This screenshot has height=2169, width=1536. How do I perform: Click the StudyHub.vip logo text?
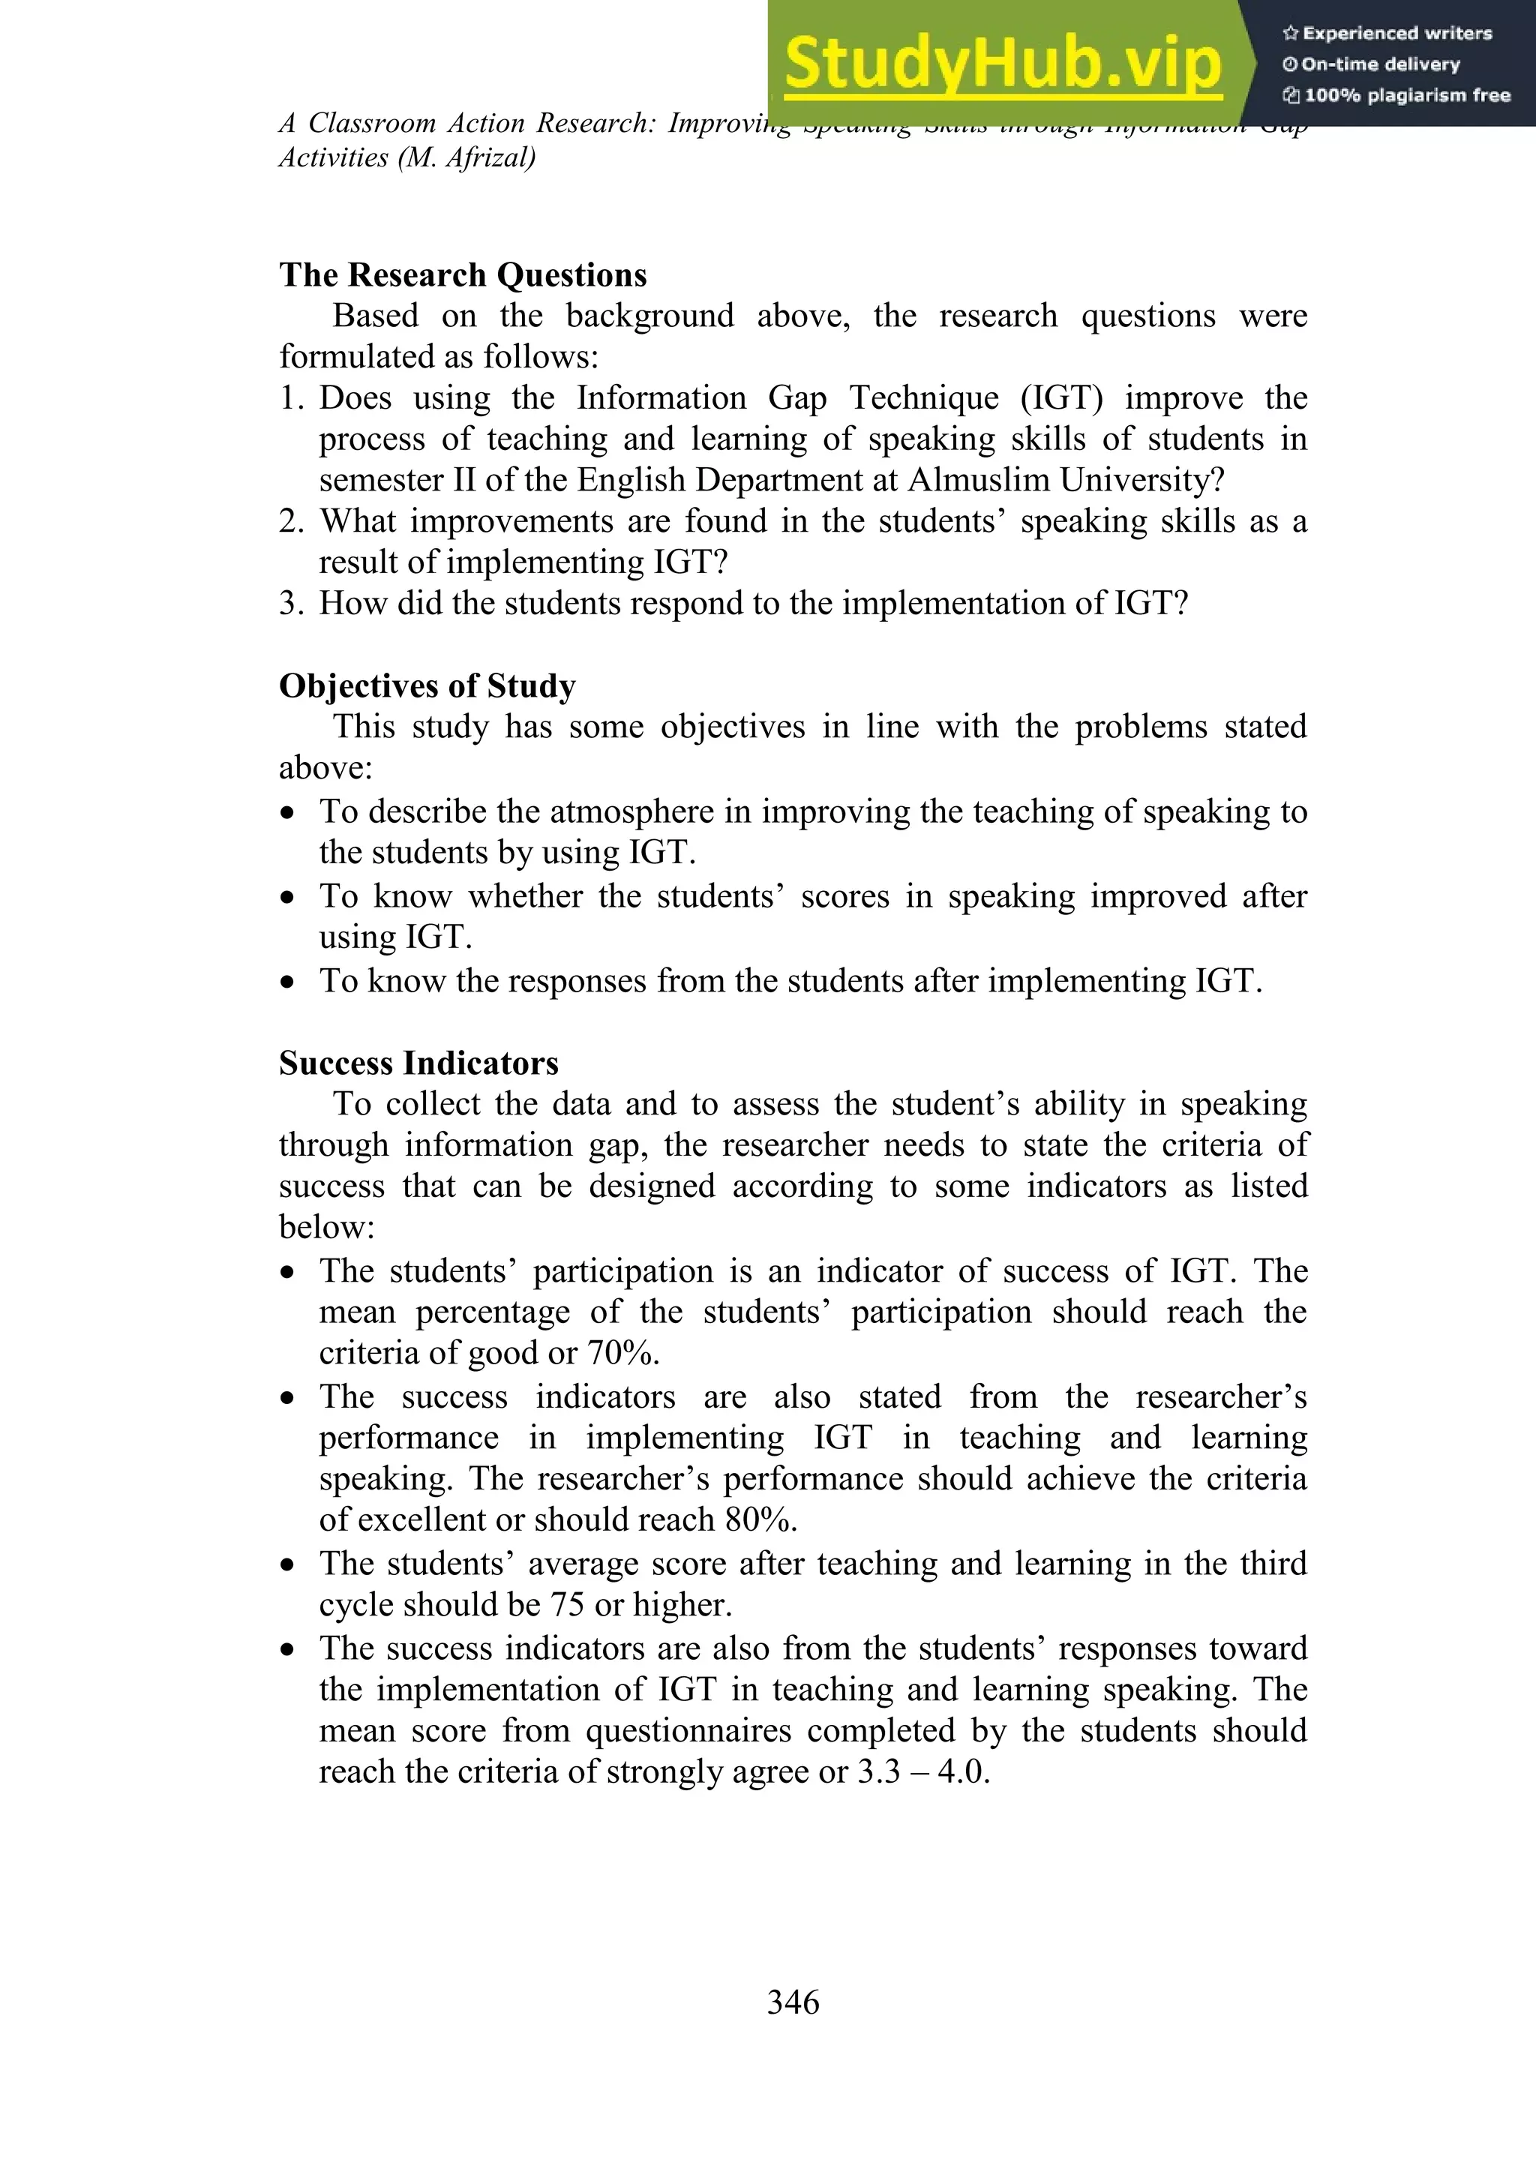pos(1003,64)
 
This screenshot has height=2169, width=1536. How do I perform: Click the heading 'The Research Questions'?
pos(463,274)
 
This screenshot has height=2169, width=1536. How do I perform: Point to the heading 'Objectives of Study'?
pos(427,685)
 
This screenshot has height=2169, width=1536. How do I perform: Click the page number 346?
pos(793,2002)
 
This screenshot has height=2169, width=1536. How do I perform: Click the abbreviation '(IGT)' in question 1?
pos(1061,398)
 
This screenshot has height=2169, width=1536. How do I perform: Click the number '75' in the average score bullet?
pos(568,1605)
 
